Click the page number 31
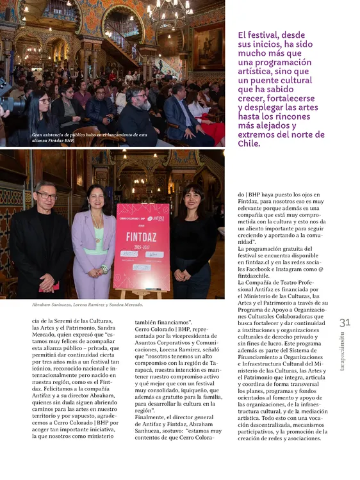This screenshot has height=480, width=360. pyautogui.click(x=345, y=322)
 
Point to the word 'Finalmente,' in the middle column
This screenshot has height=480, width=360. pyautogui.click(x=151, y=417)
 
